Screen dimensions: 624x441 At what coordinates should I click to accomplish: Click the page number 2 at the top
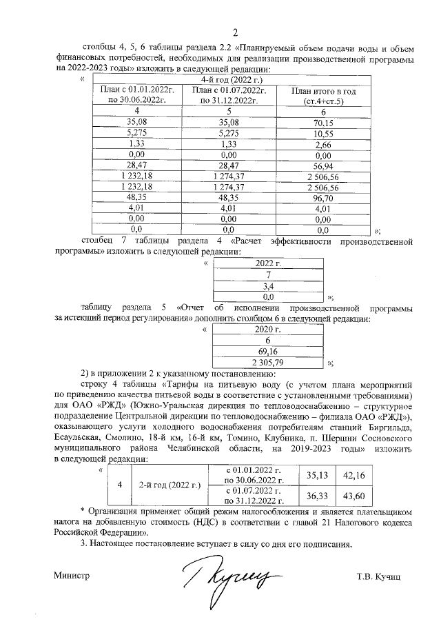click(x=234, y=32)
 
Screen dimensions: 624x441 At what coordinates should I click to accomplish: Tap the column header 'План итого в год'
click(x=323, y=91)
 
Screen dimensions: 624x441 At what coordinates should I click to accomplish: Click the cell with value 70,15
click(x=323, y=121)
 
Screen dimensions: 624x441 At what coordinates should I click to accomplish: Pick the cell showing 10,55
click(x=323, y=132)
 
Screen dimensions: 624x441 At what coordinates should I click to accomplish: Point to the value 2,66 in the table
click(x=323, y=144)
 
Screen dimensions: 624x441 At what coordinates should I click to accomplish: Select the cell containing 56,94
click(x=323, y=166)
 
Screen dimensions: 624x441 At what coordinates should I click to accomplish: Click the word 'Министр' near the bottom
click(x=72, y=575)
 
